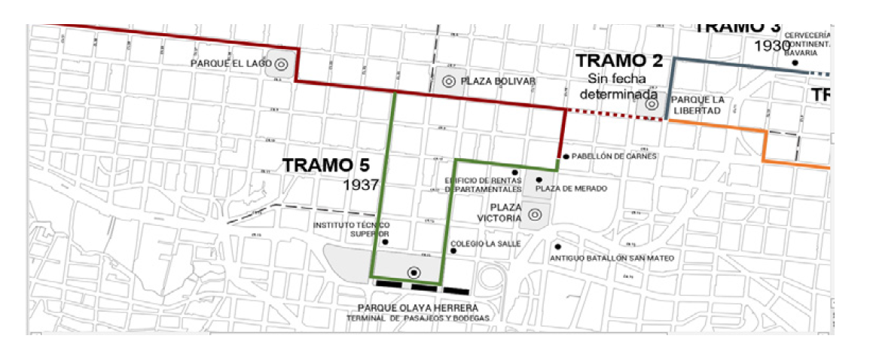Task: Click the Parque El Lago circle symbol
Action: [281, 65]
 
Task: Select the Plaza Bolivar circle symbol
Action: [448, 81]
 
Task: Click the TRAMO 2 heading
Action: [618, 61]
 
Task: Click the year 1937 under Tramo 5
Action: [359, 185]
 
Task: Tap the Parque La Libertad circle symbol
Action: [652, 105]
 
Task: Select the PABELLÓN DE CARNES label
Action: [615, 157]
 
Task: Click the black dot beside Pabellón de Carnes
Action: [565, 157]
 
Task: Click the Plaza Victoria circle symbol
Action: [535, 215]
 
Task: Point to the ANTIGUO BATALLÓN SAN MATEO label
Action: [612, 258]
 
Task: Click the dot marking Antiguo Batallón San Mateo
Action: [557, 246]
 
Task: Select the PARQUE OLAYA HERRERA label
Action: [417, 307]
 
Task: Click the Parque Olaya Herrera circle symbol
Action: [412, 272]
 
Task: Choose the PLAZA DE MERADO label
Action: [570, 188]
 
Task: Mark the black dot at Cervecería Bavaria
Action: [795, 63]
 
